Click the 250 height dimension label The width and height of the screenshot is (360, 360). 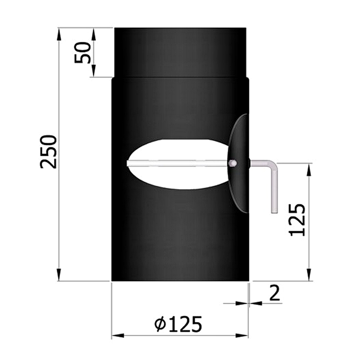[49, 152]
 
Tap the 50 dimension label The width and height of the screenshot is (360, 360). [83, 53]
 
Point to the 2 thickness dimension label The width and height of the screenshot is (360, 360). [275, 293]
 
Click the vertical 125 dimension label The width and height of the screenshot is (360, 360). [297, 220]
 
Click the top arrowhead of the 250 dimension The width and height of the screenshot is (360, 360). [59, 34]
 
